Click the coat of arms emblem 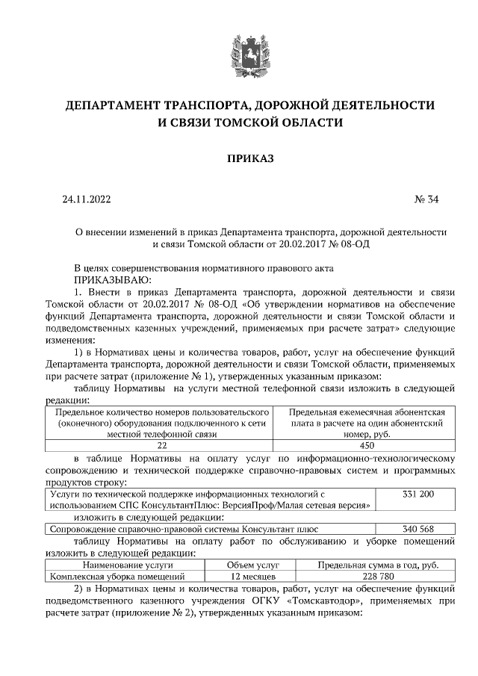click(240, 51)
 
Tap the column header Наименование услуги click(126, 565)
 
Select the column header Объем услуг click(253, 565)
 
